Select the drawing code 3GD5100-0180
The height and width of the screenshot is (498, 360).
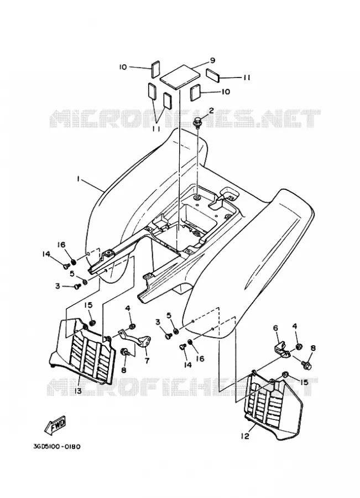57,446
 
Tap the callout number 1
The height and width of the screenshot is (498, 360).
78,179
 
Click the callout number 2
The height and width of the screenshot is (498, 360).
211,110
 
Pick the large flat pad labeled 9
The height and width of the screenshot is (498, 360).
180,77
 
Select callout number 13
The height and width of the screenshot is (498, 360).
78,391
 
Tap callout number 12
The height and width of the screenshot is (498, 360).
245,437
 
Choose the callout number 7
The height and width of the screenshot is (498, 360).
147,361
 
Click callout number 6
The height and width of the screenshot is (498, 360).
275,328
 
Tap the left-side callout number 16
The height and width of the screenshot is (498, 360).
61,245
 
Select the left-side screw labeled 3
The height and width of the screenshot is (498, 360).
77,287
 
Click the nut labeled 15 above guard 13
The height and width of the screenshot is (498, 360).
93,323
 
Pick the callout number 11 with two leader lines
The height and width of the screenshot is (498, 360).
155,128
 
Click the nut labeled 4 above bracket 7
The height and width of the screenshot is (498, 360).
133,326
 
